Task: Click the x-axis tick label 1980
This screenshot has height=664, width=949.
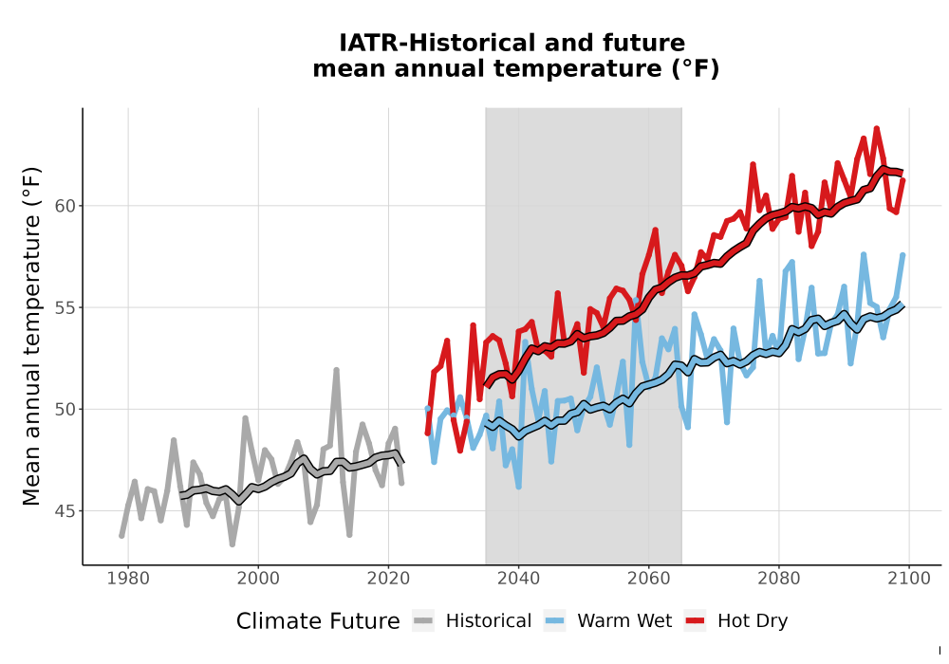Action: tap(128, 578)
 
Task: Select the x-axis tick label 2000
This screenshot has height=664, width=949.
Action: tap(258, 578)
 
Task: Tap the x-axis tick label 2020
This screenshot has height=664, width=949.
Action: tap(388, 578)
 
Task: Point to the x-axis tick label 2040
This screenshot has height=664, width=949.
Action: tap(518, 578)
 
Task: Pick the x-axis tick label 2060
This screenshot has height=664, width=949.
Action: tap(648, 578)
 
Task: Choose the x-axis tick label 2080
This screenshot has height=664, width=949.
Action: tap(778, 578)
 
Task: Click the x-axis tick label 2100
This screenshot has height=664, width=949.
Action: tap(908, 578)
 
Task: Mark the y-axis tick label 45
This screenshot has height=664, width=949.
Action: tap(65, 511)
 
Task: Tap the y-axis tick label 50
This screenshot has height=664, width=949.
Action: tap(65, 410)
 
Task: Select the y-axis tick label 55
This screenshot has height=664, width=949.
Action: tap(65, 307)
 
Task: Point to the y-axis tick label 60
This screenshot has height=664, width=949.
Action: tap(65, 206)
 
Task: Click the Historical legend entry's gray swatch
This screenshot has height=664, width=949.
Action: tap(423, 620)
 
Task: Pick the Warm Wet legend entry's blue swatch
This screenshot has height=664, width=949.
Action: tap(554, 620)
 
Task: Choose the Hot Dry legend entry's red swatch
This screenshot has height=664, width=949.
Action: tap(695, 620)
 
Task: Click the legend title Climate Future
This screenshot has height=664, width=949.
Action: tap(318, 621)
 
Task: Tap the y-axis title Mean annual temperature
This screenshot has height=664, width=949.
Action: tap(31, 336)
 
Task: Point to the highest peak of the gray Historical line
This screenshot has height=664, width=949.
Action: tap(336, 370)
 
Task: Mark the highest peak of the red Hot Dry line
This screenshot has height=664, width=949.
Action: tap(876, 128)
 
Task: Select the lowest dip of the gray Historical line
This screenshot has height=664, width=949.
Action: tap(233, 544)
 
